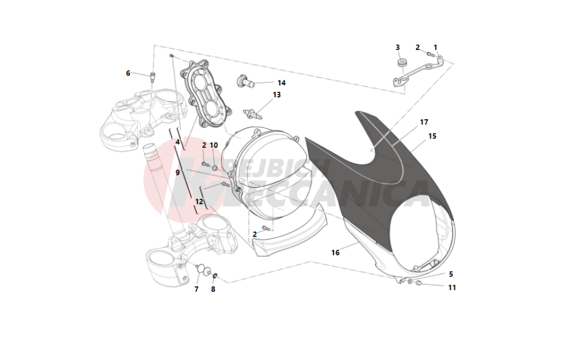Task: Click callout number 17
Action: [x=424, y=122]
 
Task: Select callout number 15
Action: [x=432, y=136]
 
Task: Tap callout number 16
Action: [x=335, y=253]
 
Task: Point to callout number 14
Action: [x=281, y=83]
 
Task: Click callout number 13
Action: [x=277, y=95]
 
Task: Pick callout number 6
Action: [x=128, y=73]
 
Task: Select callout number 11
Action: [x=452, y=288]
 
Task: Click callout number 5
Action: [x=451, y=274]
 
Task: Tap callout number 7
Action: [x=196, y=289]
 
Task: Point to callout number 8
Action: [x=213, y=289]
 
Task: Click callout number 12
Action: [x=199, y=201]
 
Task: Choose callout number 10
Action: [x=214, y=145]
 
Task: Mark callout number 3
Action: [x=398, y=47]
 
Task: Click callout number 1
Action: [x=435, y=47]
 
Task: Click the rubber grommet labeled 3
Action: [x=402, y=62]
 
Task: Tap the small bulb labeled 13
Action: [x=252, y=114]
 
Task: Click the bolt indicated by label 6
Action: [x=152, y=76]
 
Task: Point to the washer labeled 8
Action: [x=215, y=275]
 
